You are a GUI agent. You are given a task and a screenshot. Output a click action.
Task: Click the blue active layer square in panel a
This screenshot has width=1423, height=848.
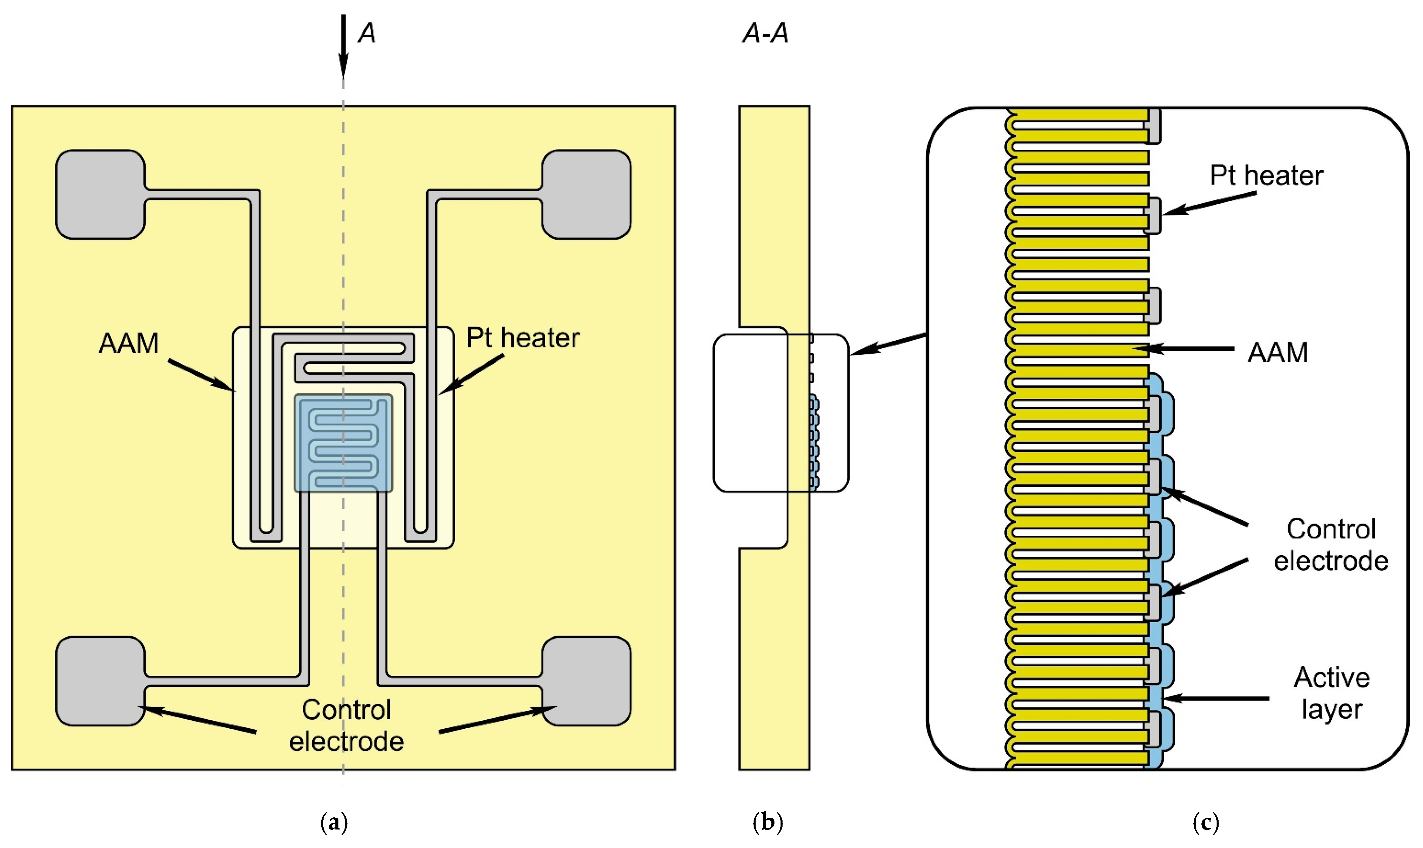(x=343, y=443)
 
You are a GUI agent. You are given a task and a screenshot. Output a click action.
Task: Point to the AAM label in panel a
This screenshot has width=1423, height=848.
(x=129, y=344)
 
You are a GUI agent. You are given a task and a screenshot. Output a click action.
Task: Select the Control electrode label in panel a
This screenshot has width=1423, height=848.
(x=346, y=726)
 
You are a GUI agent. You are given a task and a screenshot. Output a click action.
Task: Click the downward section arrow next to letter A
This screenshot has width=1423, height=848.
(x=343, y=46)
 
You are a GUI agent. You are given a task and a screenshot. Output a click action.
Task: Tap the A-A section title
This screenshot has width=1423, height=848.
(x=765, y=33)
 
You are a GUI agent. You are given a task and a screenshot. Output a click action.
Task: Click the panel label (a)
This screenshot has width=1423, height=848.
(x=334, y=823)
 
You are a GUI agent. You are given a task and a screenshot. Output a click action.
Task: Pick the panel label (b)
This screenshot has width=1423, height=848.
(x=768, y=823)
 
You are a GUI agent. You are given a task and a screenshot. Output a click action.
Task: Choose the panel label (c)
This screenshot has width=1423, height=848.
(x=1206, y=823)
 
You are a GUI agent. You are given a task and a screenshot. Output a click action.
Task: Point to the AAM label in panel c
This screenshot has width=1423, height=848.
(x=1278, y=353)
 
